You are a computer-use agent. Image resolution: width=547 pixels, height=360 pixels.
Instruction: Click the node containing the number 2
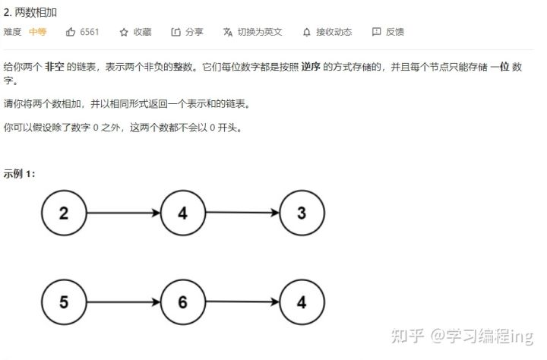[63, 213]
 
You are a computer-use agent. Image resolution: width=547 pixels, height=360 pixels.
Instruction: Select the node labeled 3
[302, 213]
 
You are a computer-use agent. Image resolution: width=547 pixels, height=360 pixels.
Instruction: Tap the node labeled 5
[63, 302]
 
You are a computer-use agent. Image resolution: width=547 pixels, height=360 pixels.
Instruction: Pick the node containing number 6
[182, 302]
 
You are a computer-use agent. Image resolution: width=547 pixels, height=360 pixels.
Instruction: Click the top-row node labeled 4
[182, 213]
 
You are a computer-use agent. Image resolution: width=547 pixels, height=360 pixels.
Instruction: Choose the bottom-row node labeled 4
[302, 302]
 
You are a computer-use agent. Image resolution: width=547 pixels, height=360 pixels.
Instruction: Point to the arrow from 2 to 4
[122, 213]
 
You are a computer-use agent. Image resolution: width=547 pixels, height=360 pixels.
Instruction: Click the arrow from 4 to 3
[242, 213]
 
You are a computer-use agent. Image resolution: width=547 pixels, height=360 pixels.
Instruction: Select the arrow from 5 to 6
[122, 302]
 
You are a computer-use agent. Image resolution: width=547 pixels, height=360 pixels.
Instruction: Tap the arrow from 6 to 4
[242, 302]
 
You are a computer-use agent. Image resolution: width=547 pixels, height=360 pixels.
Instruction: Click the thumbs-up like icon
[71, 32]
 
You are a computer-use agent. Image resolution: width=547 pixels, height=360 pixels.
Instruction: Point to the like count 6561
[90, 32]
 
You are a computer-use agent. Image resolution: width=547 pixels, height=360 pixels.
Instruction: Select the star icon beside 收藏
[124, 32]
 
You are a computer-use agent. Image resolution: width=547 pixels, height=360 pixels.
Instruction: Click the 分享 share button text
[194, 32]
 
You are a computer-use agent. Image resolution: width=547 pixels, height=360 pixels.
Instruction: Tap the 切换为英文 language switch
[259, 32]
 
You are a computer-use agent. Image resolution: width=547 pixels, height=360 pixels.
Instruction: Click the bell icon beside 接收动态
[306, 32]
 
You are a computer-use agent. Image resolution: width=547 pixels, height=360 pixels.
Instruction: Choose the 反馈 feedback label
[395, 32]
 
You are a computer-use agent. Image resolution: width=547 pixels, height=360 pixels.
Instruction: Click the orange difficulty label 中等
[37, 32]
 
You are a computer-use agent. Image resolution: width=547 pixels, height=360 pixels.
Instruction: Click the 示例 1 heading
[19, 173]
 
